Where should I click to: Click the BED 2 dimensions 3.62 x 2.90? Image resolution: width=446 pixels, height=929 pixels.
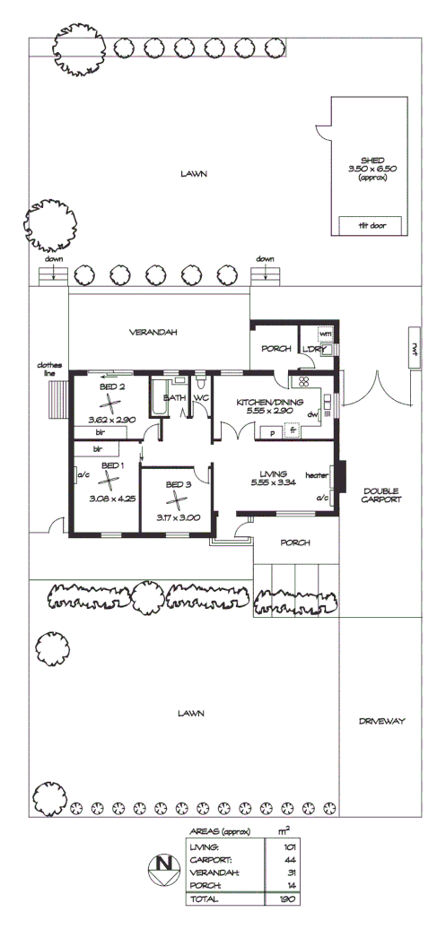[112, 419]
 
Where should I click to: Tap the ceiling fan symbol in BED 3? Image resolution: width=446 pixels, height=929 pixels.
[178, 500]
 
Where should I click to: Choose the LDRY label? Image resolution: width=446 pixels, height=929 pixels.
[312, 349]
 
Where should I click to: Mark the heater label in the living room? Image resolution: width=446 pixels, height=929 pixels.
[316, 475]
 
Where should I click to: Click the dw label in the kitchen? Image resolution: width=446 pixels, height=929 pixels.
[311, 414]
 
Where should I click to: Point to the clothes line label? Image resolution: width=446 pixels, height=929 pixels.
[48, 369]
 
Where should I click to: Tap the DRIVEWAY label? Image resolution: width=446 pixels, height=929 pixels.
[383, 720]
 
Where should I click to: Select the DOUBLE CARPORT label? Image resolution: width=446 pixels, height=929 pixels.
[383, 495]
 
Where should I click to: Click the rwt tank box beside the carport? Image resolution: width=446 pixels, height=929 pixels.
[415, 346]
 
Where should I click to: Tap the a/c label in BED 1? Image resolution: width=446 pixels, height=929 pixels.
[84, 474]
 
